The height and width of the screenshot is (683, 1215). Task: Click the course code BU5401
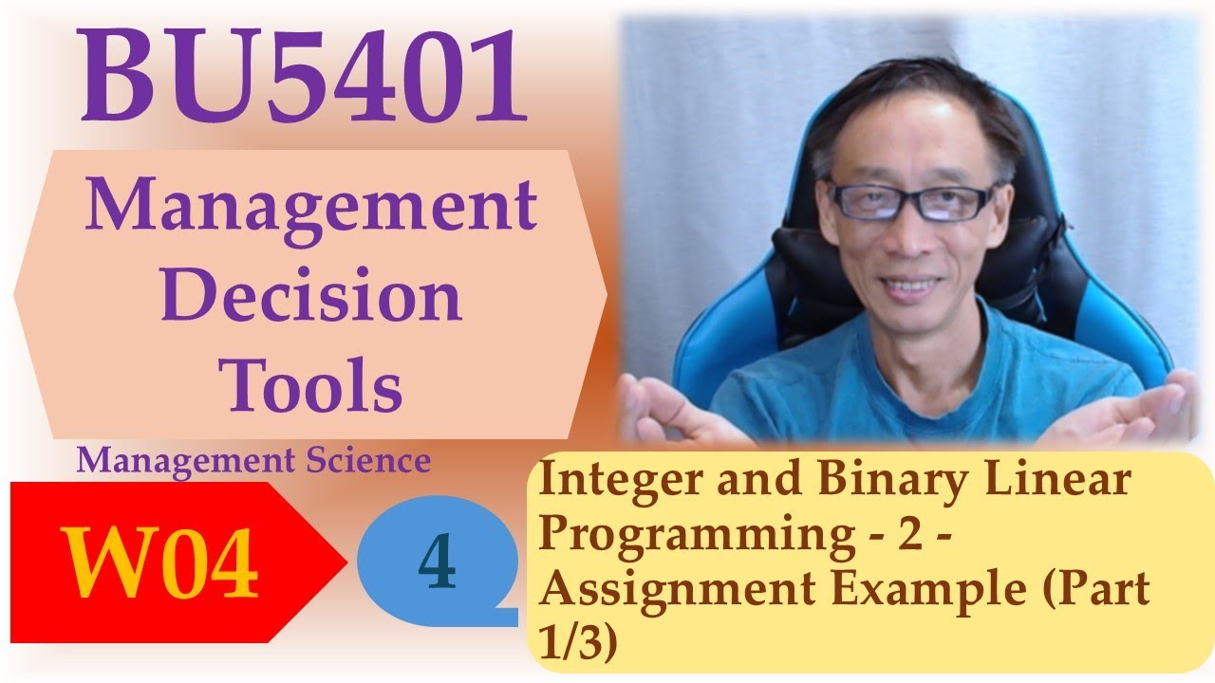pyautogui.click(x=304, y=79)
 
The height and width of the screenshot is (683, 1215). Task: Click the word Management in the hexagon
pyautogui.click(x=310, y=207)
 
